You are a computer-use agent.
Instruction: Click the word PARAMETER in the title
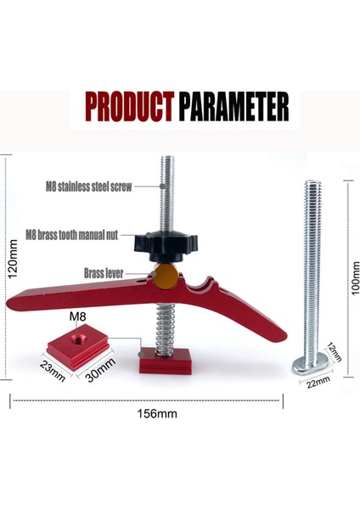233,108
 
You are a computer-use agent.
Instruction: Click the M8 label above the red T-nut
78,318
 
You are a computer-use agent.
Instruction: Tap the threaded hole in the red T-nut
77,338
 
